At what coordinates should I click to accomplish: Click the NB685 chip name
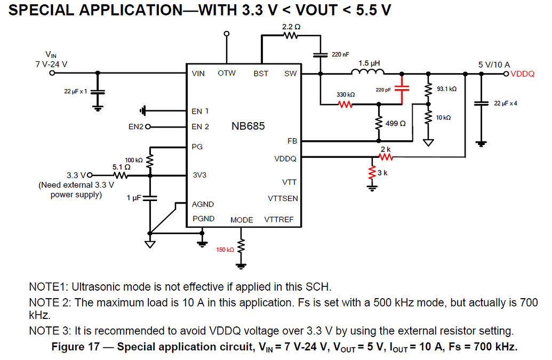point(248,127)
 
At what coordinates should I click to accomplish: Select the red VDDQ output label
point(522,74)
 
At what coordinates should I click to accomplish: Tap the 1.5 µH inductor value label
point(369,63)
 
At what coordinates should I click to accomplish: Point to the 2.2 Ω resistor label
point(291,26)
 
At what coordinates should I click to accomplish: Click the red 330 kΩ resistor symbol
point(346,105)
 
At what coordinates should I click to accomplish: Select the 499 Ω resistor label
point(396,124)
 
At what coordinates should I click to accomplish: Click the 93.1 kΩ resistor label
point(447,89)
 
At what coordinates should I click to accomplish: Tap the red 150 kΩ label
point(225,250)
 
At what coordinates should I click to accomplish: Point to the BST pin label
point(261,74)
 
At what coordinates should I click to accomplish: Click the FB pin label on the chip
point(292,141)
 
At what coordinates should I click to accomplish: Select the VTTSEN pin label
point(283,198)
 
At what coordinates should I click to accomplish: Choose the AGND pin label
point(203,204)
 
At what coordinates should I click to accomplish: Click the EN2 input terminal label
point(136,127)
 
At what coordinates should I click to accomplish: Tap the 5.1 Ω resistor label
point(121,167)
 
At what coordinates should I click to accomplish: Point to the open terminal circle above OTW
point(227,34)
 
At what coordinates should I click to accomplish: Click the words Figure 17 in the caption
point(75,347)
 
